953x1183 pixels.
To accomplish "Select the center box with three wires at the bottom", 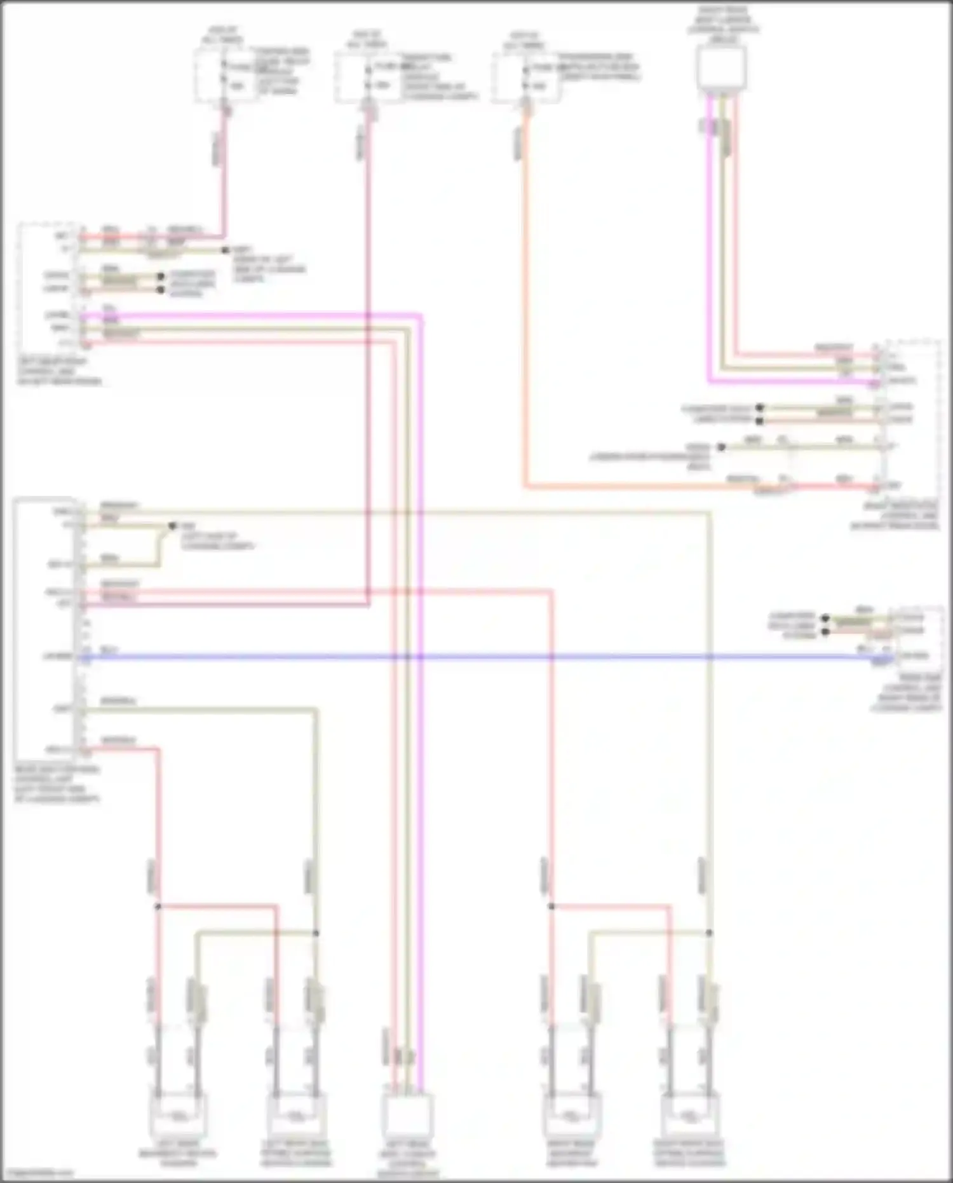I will (x=407, y=1118).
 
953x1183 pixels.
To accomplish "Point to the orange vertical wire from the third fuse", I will (x=525, y=305).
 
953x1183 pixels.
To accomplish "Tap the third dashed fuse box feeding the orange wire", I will (x=526, y=77).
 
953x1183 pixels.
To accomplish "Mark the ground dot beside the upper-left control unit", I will (x=225, y=250).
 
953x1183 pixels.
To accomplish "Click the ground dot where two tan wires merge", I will (x=172, y=526).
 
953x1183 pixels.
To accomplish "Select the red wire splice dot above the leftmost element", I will (x=158, y=906).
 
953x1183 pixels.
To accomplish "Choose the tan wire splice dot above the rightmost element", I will (x=709, y=933).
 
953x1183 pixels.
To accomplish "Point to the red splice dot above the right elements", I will (x=551, y=906).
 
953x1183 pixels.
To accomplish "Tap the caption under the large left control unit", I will (x=57, y=784).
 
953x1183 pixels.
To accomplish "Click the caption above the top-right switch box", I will (x=722, y=25).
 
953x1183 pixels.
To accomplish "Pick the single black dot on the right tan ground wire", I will (x=721, y=448).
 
